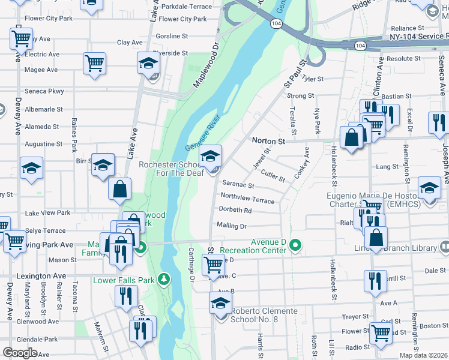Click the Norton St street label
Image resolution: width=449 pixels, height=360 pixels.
(268, 141)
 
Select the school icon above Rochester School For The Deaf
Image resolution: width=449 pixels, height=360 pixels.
(210, 157)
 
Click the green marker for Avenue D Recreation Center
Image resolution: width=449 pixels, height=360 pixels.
(295, 245)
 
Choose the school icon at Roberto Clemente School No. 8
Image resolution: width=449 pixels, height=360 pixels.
(220, 304)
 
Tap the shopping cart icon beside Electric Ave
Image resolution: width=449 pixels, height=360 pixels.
(94, 63)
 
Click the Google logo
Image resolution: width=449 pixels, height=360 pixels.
(20, 353)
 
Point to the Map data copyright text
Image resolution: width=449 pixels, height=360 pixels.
(424, 355)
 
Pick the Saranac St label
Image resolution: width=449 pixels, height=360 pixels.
(238, 186)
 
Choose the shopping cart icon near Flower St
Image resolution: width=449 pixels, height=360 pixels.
(380, 334)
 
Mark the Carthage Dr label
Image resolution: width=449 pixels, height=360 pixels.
(191, 265)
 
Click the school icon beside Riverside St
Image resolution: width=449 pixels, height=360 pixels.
(148, 63)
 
